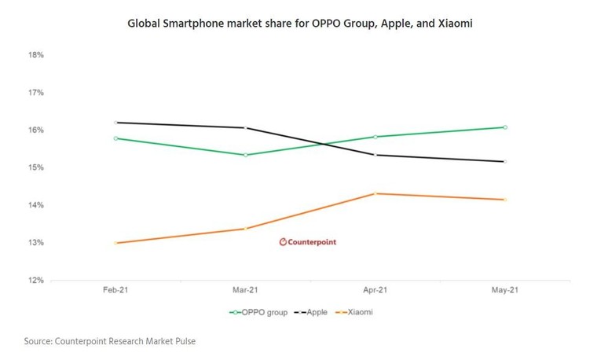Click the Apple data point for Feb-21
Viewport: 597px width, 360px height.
click(x=115, y=123)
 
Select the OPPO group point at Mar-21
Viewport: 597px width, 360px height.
click(x=246, y=155)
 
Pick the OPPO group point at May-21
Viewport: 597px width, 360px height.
click(x=505, y=127)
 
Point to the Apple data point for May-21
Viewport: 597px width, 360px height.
click(x=505, y=162)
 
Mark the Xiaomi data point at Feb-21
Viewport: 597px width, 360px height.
click(x=115, y=243)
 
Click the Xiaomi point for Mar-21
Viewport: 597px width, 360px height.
click(x=246, y=229)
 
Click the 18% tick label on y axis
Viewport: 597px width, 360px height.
click(x=35, y=55)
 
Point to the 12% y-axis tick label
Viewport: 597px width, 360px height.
click(x=35, y=281)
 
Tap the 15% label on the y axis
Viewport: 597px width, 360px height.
click(x=35, y=167)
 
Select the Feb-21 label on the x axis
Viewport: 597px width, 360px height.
click(x=115, y=291)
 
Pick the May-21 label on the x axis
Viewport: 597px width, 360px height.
click(x=505, y=291)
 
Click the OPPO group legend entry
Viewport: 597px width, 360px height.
click(x=258, y=312)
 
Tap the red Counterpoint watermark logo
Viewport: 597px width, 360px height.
click(x=307, y=242)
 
